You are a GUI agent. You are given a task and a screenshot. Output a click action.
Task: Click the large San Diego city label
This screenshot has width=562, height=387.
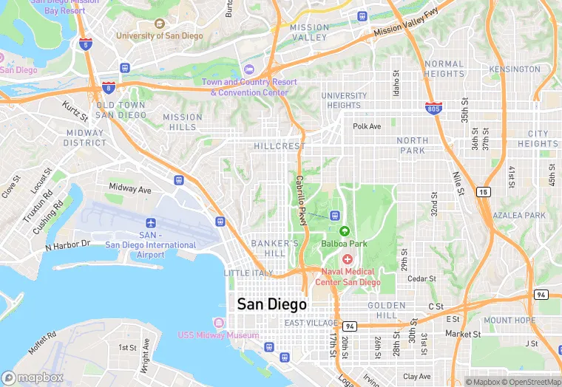click(271, 304)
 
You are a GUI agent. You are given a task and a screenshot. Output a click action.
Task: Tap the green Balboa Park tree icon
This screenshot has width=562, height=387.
click(344, 230)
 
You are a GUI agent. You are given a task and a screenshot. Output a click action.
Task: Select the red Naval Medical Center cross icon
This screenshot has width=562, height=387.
click(348, 259)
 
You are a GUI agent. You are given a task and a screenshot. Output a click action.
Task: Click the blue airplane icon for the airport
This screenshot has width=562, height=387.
click(151, 222)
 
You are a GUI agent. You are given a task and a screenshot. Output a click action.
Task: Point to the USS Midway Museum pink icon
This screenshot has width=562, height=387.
click(218, 323)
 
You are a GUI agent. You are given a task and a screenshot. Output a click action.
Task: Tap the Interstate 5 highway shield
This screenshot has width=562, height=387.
click(85, 44)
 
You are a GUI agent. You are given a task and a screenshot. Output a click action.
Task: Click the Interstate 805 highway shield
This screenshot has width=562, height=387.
click(434, 109)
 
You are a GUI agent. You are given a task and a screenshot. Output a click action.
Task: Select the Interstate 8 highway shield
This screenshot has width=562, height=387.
click(109, 88)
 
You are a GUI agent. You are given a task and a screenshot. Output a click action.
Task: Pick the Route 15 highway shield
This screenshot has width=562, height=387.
click(483, 192)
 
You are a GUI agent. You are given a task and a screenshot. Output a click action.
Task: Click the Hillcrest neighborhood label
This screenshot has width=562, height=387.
click(279, 146)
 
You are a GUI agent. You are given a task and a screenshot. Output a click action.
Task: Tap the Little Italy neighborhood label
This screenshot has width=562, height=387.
click(248, 273)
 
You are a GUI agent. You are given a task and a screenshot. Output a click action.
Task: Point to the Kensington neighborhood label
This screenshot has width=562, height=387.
click(520, 69)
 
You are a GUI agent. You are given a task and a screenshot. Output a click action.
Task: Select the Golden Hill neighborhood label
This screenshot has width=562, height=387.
click(386, 311)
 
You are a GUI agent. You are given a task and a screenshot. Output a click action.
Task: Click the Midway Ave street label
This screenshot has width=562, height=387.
click(130, 189)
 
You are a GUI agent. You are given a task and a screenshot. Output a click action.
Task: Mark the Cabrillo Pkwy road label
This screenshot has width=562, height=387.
click(301, 195)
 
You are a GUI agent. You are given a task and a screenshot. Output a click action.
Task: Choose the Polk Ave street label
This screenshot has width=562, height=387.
click(367, 126)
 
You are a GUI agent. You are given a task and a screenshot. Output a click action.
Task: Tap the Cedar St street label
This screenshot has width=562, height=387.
click(422, 278)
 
